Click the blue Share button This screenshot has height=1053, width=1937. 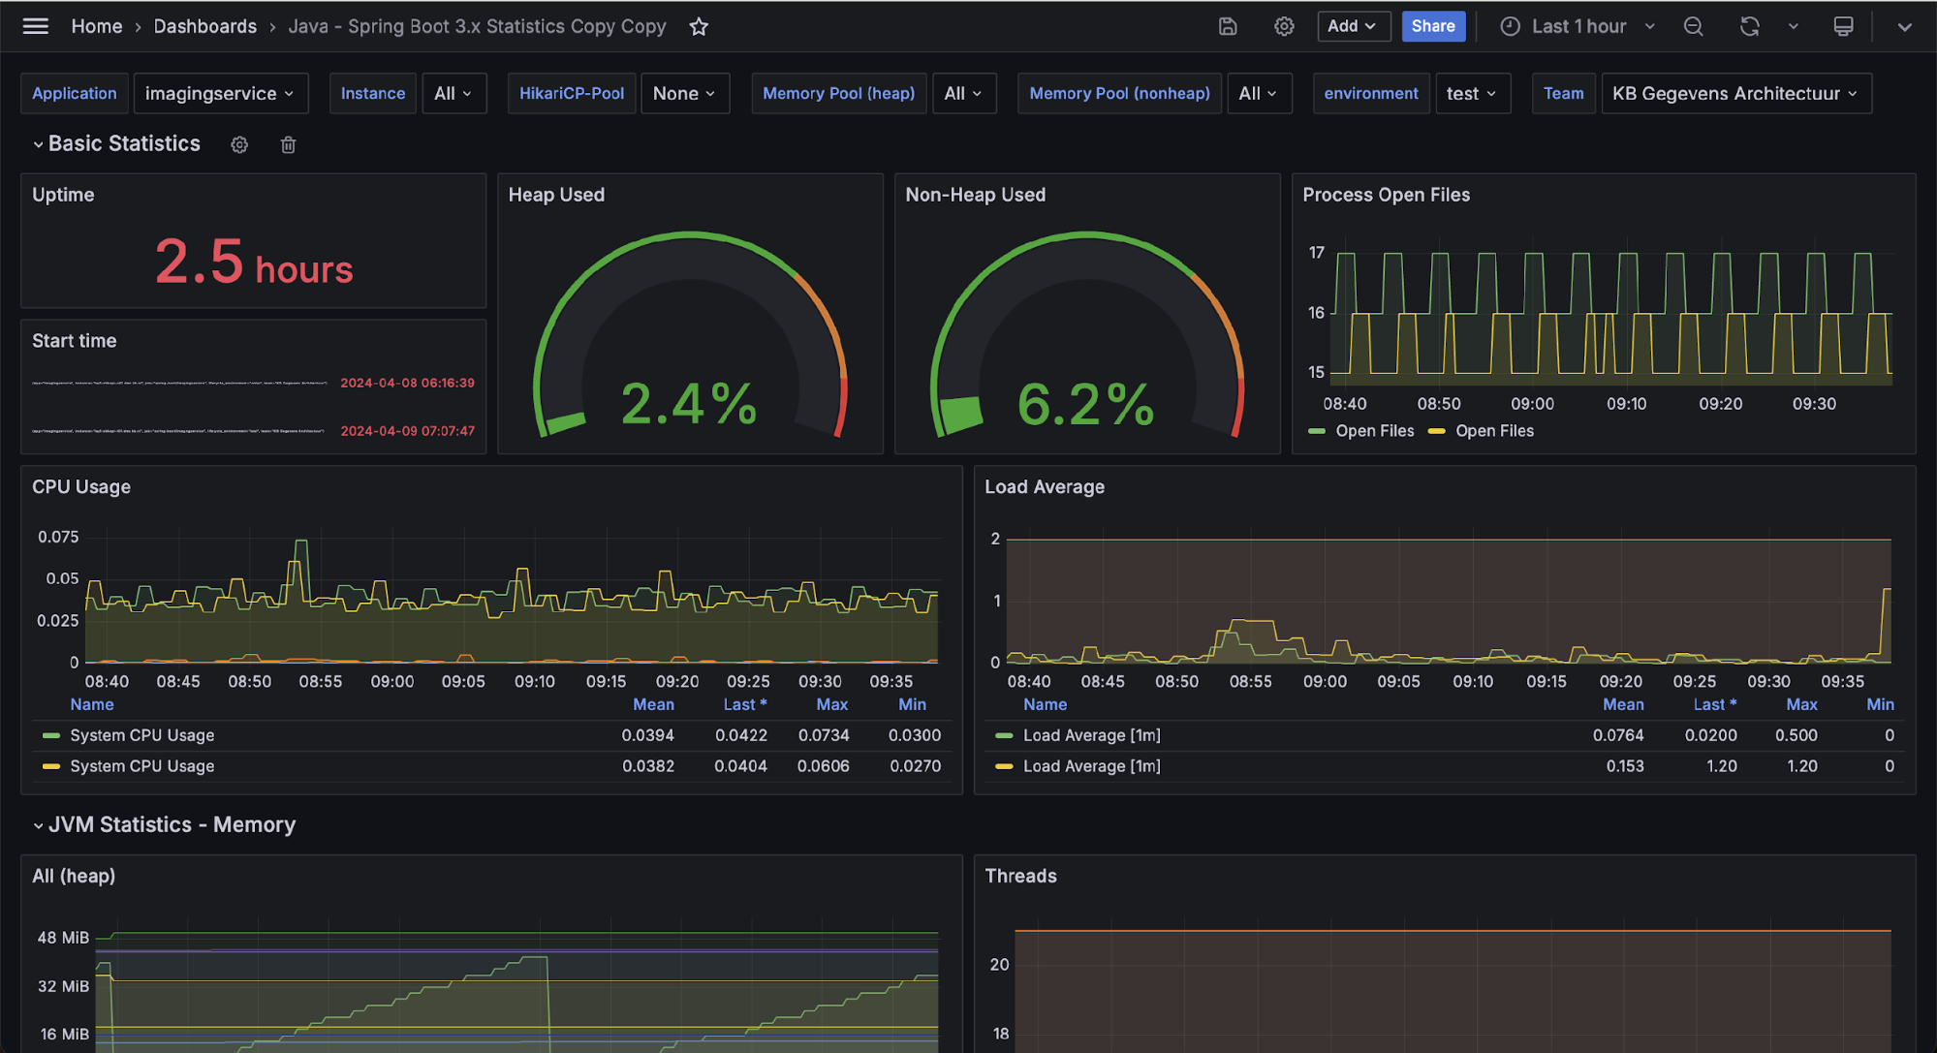(1432, 26)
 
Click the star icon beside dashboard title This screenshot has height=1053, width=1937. (699, 27)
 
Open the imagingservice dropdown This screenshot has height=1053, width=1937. (220, 94)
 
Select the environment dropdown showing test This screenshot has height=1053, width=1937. (1471, 94)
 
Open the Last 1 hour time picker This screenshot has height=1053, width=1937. (1578, 27)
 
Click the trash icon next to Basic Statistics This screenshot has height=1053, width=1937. (288, 145)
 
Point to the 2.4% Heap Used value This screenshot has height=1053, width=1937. (689, 404)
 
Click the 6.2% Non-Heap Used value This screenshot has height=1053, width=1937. (1085, 404)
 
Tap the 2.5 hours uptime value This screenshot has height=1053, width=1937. (254, 263)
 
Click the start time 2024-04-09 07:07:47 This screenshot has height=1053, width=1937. (407, 431)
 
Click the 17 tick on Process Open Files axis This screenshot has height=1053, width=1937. (1316, 253)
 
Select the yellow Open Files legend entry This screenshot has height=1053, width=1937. (1493, 431)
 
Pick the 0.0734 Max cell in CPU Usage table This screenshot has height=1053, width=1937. (823, 735)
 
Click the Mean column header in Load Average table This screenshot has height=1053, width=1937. (1622, 705)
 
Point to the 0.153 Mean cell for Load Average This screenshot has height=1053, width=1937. (1624, 766)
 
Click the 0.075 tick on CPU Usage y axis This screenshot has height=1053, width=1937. (58, 537)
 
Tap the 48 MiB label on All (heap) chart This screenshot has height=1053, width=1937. (63, 938)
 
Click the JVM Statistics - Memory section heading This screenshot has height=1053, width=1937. (172, 825)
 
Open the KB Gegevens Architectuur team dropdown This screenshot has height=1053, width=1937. (1734, 94)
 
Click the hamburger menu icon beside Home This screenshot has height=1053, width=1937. (36, 26)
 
